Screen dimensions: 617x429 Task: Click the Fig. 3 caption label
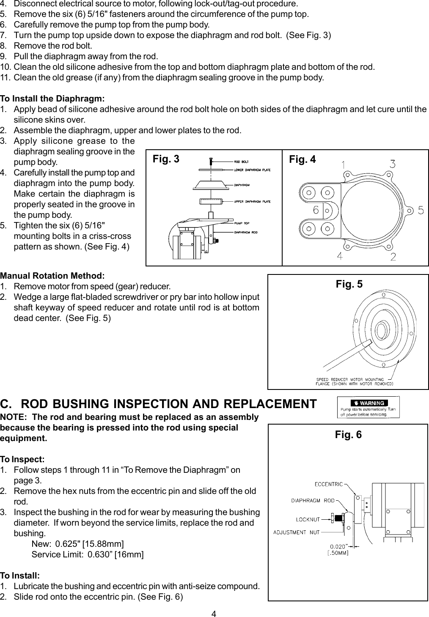pos(166,159)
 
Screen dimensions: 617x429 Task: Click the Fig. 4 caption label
pos(302,159)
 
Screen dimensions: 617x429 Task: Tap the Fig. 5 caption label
pos(349,284)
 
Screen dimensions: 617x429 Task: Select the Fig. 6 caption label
pos(348,435)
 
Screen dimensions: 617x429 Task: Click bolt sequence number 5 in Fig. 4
pos(421,210)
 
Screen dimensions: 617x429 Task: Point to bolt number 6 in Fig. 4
pos(316,209)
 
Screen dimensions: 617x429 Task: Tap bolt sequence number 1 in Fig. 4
pos(346,164)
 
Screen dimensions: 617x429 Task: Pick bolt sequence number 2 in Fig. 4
pos(393,257)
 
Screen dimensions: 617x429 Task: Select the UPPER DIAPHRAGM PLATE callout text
pos(252,202)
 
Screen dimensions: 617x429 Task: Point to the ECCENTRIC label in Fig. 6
pos(328,484)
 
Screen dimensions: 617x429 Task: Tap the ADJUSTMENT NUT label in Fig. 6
pos(296,532)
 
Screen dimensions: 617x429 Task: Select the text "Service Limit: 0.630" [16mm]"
pos(88,554)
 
